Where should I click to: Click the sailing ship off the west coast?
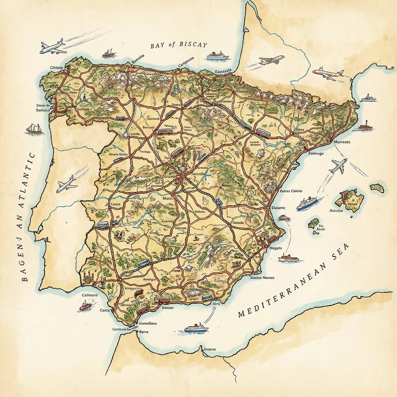click(x=34, y=129)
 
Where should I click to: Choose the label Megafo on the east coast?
click(x=275, y=247)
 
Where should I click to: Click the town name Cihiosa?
click(x=59, y=67)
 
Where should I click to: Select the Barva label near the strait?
click(x=144, y=331)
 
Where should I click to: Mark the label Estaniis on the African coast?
click(x=210, y=350)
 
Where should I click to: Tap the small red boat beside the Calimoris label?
click(x=85, y=307)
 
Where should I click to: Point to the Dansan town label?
click(x=168, y=308)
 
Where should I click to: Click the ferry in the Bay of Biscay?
click(x=217, y=56)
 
